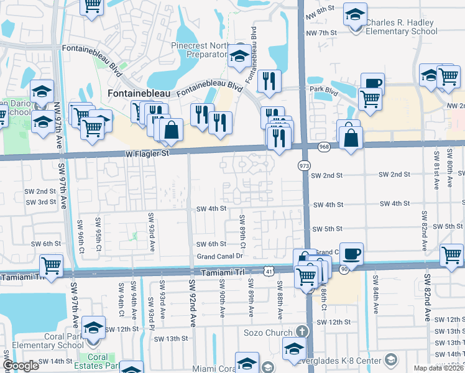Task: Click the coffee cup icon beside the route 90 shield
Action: coord(351,252)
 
